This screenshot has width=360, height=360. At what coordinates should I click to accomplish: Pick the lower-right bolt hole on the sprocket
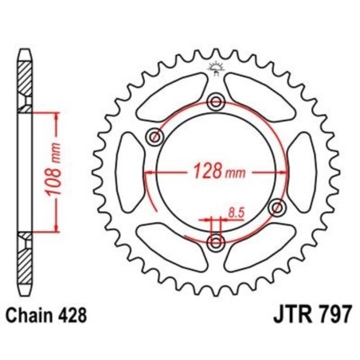pyautogui.click(x=277, y=207)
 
